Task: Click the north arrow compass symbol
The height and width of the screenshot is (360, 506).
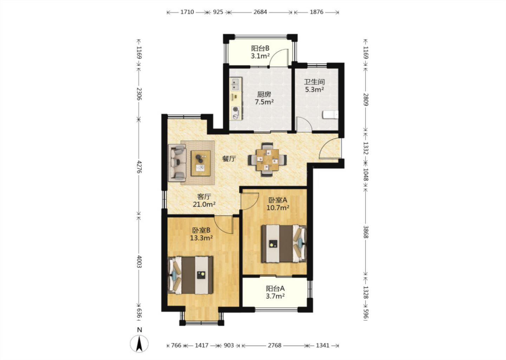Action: (139, 344)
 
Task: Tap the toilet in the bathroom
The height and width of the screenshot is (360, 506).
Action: (331, 115)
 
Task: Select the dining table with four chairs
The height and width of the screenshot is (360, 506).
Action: (267, 160)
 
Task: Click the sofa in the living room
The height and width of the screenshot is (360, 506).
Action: (177, 163)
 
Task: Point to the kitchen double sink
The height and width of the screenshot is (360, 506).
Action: (235, 84)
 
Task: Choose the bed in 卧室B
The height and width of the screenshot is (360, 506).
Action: (190, 275)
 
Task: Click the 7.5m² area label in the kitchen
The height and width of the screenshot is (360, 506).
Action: (264, 102)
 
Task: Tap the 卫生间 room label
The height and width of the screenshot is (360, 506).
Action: (314, 82)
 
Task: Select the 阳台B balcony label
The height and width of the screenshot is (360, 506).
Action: (260, 48)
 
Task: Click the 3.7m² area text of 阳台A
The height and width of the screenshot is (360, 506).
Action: (275, 296)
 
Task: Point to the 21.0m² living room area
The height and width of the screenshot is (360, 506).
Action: (204, 204)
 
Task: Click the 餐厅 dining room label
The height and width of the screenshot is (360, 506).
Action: (229, 159)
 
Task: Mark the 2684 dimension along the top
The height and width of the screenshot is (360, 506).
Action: (260, 12)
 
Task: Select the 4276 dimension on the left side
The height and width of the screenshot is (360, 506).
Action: (139, 167)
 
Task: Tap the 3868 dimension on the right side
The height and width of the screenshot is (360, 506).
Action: (366, 232)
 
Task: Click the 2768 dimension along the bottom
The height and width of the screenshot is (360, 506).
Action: (274, 345)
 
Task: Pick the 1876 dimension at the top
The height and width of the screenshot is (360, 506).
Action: (317, 12)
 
